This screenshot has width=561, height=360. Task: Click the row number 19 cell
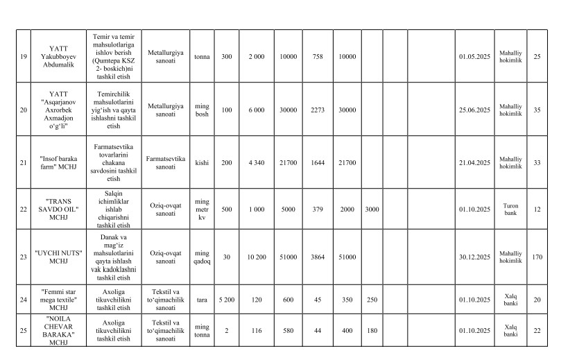23,56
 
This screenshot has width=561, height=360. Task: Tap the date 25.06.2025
474,109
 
